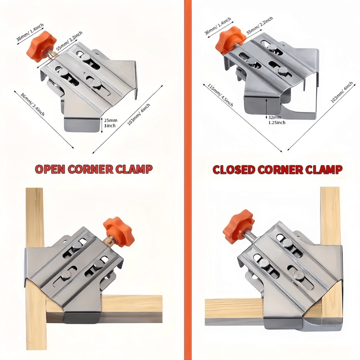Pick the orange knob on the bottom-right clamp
tap(238, 226)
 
